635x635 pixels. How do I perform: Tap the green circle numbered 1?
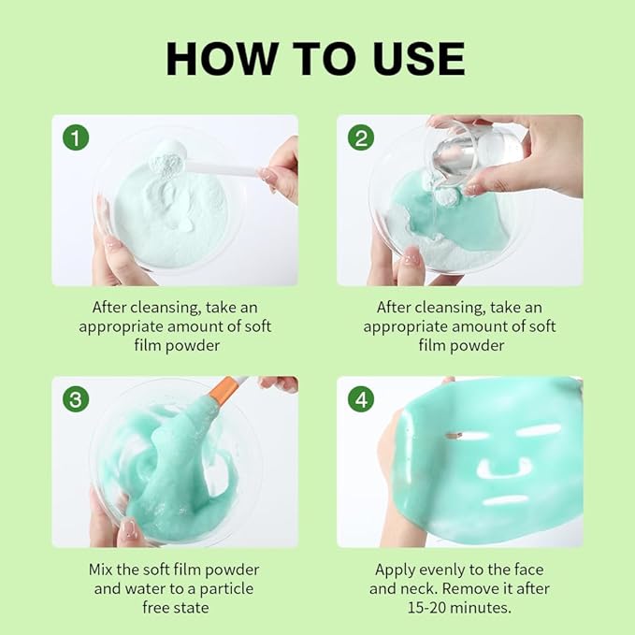pos(76,137)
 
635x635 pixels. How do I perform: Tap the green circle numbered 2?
pos(361,137)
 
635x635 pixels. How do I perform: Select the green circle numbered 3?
pos(76,399)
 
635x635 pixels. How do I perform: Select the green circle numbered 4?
pos(361,399)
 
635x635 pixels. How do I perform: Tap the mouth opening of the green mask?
pos(506,499)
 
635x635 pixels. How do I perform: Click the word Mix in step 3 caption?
pos(100,570)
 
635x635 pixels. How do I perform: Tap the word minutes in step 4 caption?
pos(481,608)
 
